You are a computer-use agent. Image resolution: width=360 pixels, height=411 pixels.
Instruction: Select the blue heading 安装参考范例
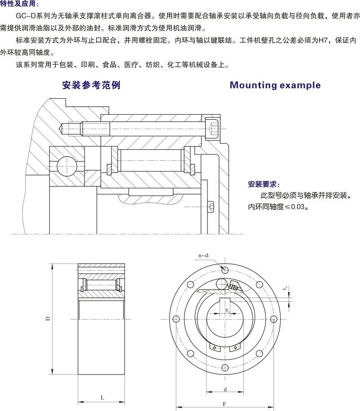(x=91, y=85)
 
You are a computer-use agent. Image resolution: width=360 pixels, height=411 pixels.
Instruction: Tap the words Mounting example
(x=275, y=85)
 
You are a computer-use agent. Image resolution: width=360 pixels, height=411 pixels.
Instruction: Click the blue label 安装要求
(x=264, y=185)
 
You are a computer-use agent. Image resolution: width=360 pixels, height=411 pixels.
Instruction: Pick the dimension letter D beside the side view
(x=47, y=319)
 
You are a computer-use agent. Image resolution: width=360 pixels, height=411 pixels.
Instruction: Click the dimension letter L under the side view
(x=102, y=397)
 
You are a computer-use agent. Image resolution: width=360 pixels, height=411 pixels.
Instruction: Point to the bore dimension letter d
(x=224, y=389)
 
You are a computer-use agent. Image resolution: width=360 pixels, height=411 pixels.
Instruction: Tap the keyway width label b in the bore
(x=227, y=311)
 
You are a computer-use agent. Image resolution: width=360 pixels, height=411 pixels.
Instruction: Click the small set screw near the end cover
(x=211, y=207)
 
